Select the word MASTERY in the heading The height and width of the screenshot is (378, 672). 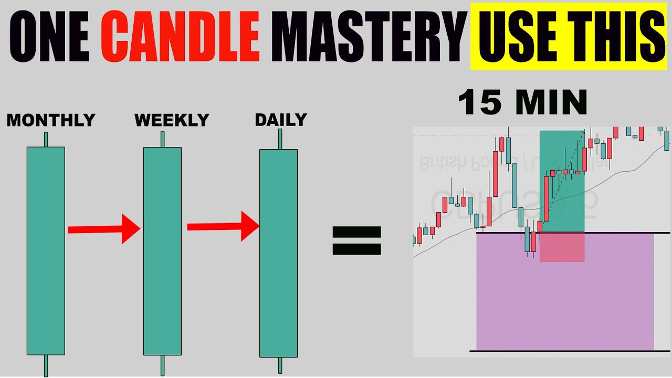pos(370,35)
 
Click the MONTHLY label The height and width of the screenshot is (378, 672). pos(50,121)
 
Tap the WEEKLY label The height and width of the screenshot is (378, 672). pos(172,121)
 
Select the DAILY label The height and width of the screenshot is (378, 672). pos(280,120)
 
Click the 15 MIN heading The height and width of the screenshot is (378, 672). pos(522,103)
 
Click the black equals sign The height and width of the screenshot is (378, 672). pos(356,240)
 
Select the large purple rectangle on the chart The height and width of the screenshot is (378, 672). pos(564,304)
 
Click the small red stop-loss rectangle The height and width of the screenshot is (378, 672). pos(562,247)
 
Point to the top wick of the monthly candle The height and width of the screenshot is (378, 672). pos(46,140)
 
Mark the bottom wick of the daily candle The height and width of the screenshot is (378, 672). pos(280,365)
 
